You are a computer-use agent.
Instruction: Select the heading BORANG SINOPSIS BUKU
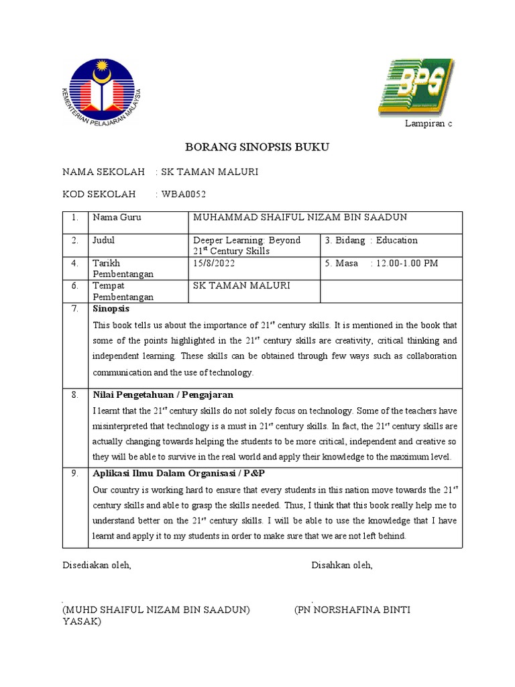(257, 148)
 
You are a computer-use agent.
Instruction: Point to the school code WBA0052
(182, 195)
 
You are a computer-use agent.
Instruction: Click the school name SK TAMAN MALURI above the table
(206, 172)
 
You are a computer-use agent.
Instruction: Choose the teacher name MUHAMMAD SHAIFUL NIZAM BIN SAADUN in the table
(300, 217)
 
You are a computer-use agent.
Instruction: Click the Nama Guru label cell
(117, 218)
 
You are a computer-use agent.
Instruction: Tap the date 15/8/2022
(214, 263)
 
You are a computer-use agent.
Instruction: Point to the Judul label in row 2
(104, 240)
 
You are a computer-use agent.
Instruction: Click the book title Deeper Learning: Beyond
(246, 240)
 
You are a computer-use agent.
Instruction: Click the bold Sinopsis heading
(111, 309)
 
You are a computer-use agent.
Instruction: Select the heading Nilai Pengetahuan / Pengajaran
(163, 394)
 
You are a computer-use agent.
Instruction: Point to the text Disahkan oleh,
(342, 566)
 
